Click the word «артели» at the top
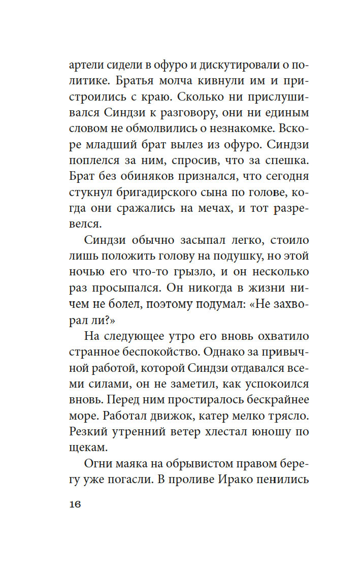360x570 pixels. (84, 65)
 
